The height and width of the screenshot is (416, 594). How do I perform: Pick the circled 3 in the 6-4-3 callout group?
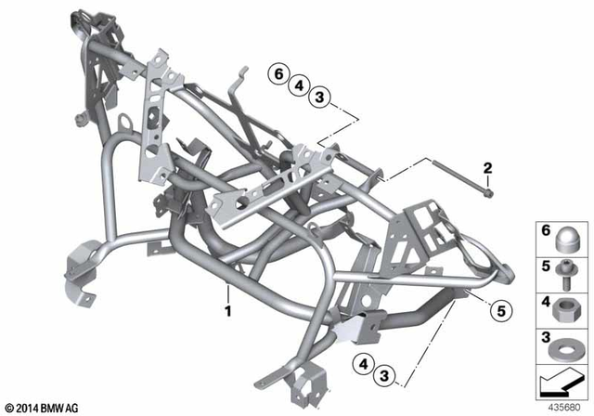point(319,97)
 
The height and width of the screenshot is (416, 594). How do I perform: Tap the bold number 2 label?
point(485,167)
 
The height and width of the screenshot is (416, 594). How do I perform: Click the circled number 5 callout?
point(498,309)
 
